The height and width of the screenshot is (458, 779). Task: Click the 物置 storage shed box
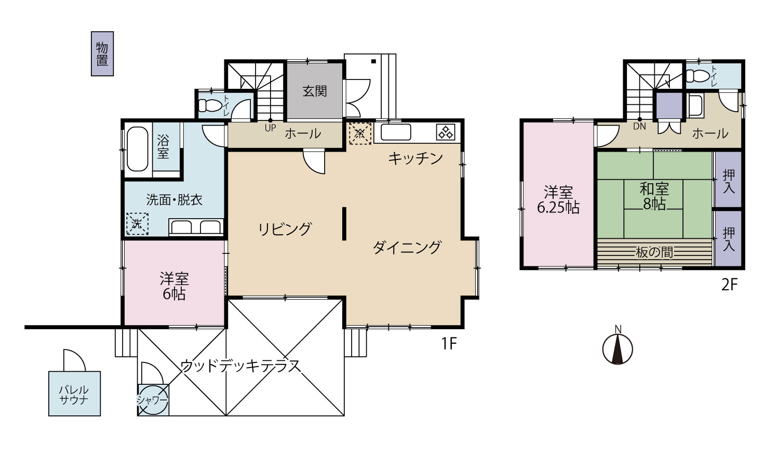pos(102,53)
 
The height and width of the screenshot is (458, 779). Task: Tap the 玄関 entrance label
pos(314,91)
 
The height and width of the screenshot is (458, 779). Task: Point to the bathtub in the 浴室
pos(138,149)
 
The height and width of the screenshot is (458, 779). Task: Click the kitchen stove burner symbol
pos(446,132)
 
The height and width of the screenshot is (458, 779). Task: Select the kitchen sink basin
pos(396,132)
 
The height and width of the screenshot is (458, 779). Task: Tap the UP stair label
pos(270,128)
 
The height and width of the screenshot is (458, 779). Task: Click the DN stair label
pos(639,126)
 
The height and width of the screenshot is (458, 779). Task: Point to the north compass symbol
pos(617,348)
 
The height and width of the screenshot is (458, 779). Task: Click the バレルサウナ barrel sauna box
pos(74,393)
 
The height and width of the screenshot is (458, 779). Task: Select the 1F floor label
pos(449,344)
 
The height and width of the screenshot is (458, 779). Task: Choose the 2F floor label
pos(729,285)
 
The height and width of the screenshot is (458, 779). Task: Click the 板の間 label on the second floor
pos(654,252)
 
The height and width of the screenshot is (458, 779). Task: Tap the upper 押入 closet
pos(729,180)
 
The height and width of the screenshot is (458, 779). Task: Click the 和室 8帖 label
pos(654,197)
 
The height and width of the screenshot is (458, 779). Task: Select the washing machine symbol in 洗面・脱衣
pos(137,224)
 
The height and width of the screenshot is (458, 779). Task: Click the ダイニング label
pos(407,248)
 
